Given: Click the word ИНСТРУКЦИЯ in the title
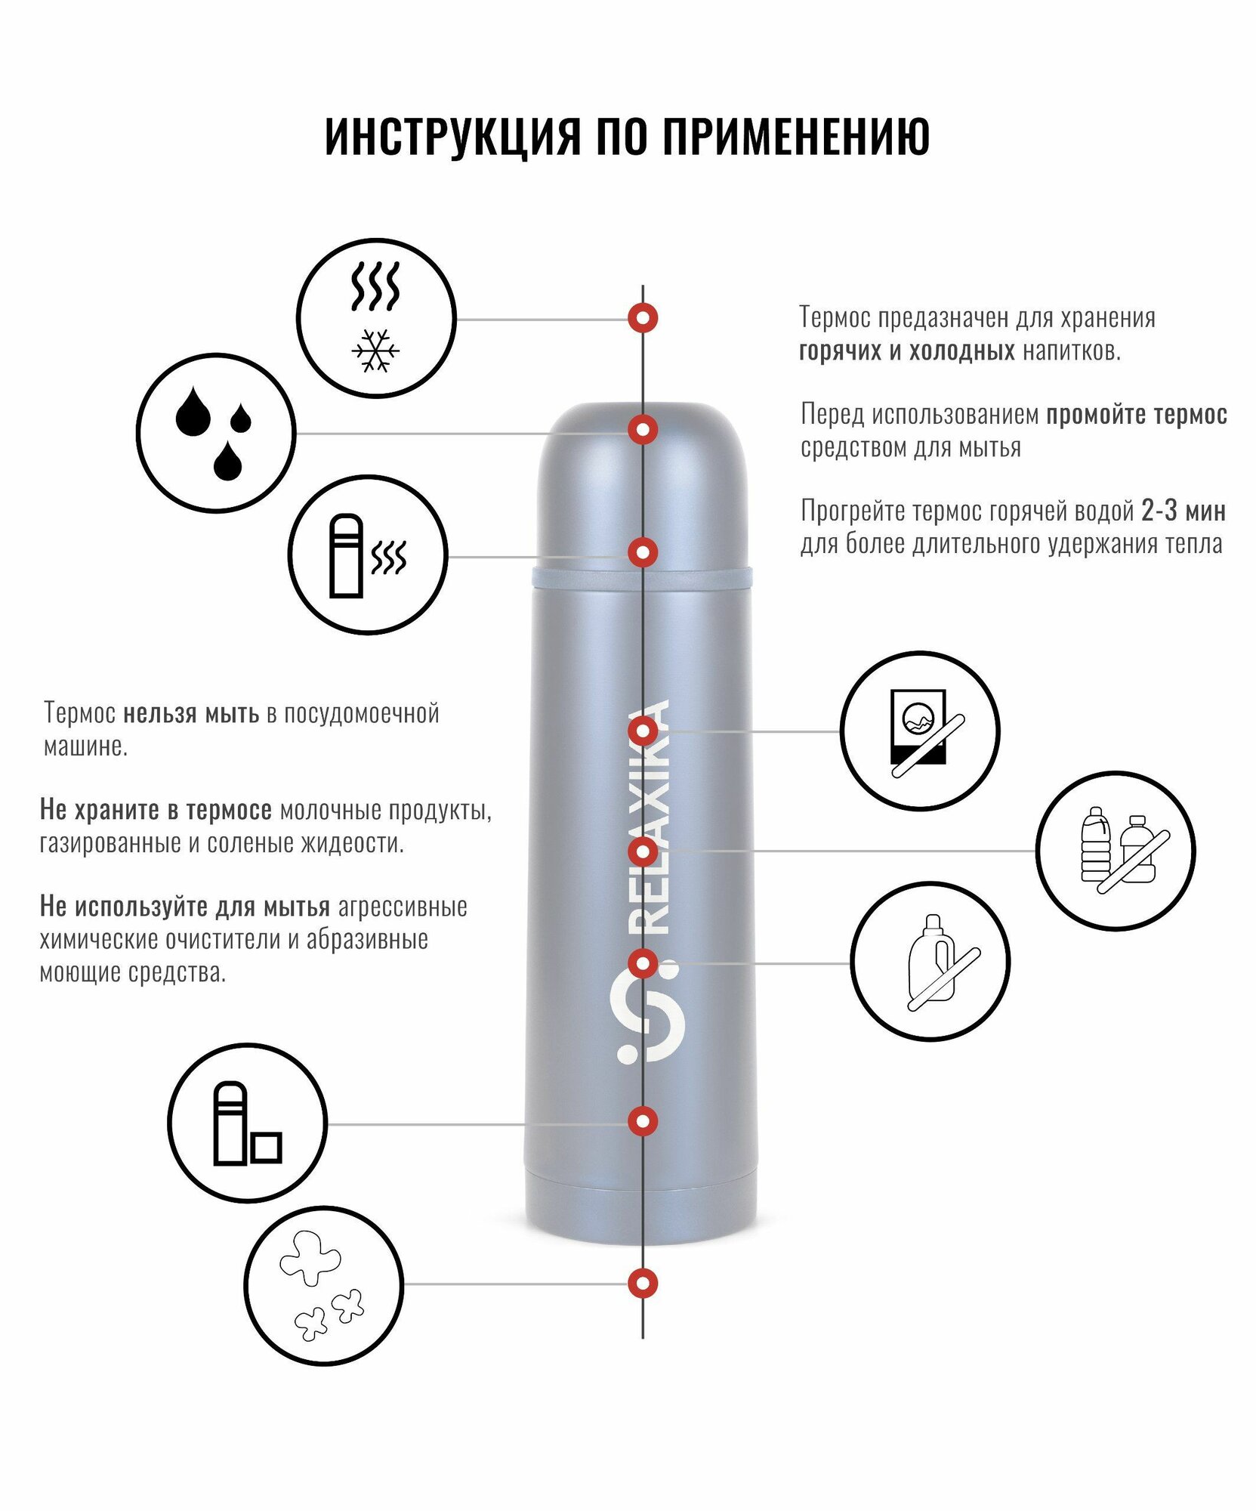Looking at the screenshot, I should click(x=452, y=137).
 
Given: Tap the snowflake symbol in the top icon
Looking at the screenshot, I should click(x=375, y=351).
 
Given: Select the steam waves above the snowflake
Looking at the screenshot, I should click(x=375, y=287).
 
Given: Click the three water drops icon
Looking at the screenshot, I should click(x=215, y=433).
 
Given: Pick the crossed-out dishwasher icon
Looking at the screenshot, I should click(x=920, y=731).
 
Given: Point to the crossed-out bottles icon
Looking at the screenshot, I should click(x=1116, y=851).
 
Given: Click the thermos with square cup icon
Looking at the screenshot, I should click(x=247, y=1123).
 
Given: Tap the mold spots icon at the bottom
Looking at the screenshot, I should click(x=323, y=1285).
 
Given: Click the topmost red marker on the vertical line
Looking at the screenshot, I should click(x=643, y=318).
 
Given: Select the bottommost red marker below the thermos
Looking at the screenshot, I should click(x=643, y=1283).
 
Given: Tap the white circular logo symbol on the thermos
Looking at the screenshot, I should click(x=649, y=1013).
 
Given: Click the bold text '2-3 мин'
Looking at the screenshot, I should click(x=1183, y=511).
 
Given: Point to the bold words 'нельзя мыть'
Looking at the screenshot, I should click(x=191, y=713).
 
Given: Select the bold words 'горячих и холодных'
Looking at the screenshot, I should click(x=906, y=351).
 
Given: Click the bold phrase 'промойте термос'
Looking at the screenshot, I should click(x=1136, y=415).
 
